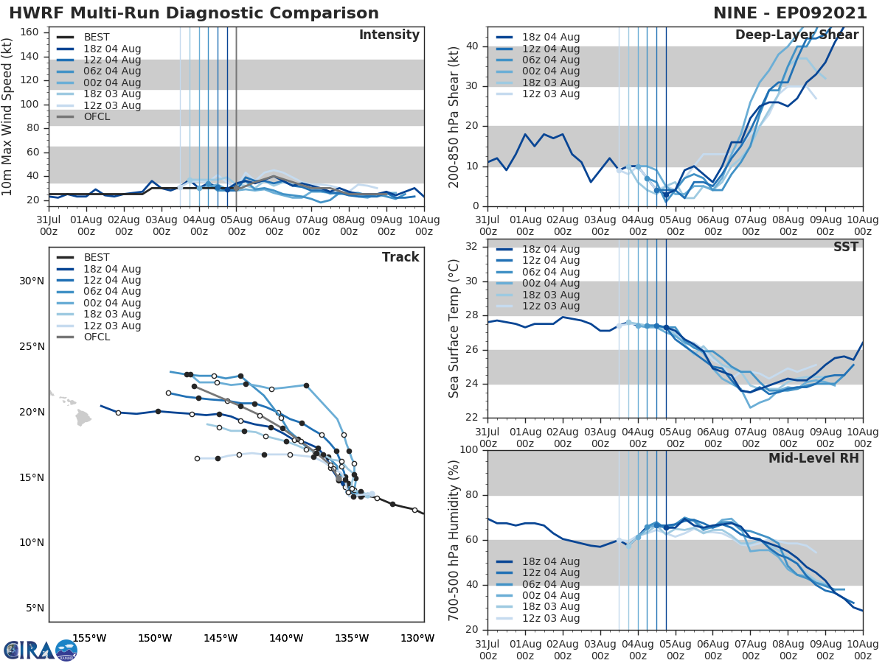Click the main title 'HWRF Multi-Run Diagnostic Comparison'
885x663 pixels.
pos(194,13)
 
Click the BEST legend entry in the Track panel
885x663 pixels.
pos(97,258)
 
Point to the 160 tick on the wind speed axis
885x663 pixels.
pos(34,32)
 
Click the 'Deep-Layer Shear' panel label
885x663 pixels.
pos(796,35)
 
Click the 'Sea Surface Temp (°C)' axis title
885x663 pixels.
pos(454,329)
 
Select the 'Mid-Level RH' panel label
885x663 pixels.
pos(813,459)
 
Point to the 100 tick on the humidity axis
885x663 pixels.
pos(468,450)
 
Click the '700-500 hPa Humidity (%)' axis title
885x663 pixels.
pos(454,540)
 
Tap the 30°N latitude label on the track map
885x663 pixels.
pos(32,281)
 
